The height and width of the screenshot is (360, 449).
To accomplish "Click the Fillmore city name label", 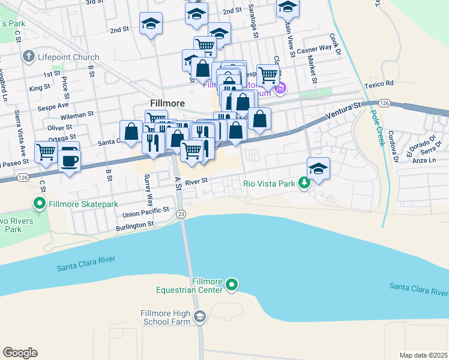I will point(167,103).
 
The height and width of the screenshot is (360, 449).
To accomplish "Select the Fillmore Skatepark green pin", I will point(40,204).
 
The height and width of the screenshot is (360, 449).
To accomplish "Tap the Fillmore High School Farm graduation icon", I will point(200,316).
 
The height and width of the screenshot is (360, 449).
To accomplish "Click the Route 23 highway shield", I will point(181,214).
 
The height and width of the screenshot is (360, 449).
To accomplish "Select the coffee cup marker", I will point(70,160).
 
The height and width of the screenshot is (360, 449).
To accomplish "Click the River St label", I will point(196,181).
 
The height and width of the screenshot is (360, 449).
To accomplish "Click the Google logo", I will point(20,353).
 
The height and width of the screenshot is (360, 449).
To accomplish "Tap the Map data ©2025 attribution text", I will point(423,355).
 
